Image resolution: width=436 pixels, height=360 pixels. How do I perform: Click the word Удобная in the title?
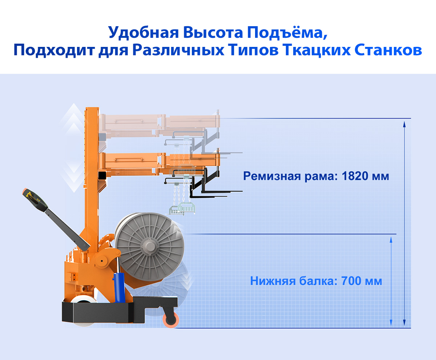[x=144, y=33]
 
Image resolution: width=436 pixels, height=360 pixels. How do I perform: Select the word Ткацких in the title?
[x=317, y=51]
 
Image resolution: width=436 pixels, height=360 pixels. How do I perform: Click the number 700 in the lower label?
[x=351, y=281]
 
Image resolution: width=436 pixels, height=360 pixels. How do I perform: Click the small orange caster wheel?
[x=171, y=320]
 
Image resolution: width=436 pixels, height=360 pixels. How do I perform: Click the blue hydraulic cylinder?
[x=119, y=288]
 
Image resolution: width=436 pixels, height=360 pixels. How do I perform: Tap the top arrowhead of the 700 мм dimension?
[x=391, y=240]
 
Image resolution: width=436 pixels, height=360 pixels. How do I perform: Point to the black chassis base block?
[x=120, y=310]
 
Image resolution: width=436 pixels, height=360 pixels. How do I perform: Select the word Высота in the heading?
[x=213, y=33]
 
